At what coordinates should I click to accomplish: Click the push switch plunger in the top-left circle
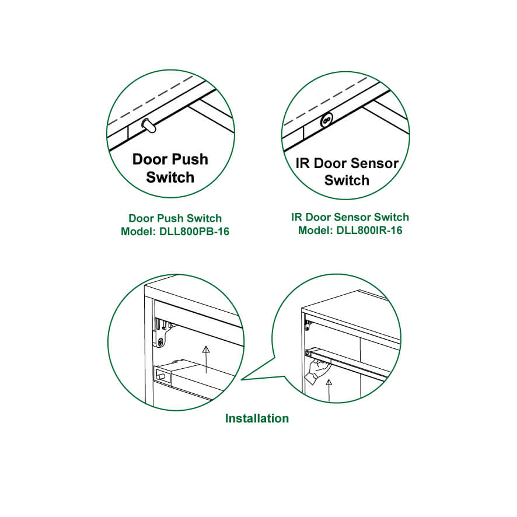[149, 125]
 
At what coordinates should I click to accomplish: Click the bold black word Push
[191, 159]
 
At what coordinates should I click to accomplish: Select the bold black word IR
[303, 163]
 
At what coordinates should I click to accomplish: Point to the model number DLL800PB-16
[194, 232]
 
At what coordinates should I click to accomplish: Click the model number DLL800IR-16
[369, 230]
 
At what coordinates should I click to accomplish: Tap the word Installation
[257, 418]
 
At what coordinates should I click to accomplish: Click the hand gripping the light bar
[316, 371]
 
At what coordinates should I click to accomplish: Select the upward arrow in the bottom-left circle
[206, 359]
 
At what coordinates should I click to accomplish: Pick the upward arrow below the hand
[329, 391]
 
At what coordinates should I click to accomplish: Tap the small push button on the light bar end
[161, 376]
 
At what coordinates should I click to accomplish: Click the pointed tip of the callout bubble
[242, 379]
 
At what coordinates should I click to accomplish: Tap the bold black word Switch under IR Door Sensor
[347, 180]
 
